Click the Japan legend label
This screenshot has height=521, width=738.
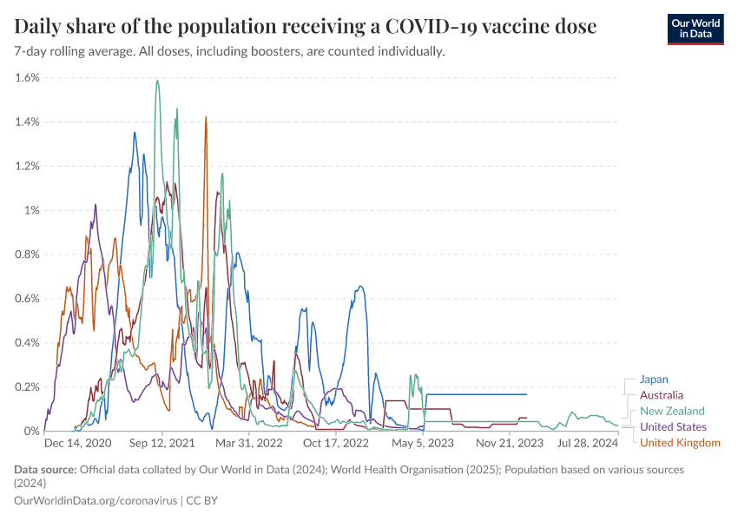tap(654, 379)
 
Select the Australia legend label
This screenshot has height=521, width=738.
tap(662, 395)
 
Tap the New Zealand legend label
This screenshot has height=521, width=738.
tap(672, 411)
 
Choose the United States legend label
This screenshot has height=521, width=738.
tap(673, 427)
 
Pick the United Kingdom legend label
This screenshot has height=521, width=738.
tap(680, 443)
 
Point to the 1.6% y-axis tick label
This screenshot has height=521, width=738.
tap(28, 77)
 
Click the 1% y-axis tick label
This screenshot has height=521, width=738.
tap(32, 210)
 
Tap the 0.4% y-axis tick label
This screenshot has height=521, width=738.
tap(28, 342)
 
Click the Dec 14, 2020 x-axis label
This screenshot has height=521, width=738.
tap(77, 443)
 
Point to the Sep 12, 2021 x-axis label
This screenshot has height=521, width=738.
tap(162, 443)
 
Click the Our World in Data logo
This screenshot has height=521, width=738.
tap(695, 28)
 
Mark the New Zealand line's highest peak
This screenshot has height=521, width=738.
tap(157, 81)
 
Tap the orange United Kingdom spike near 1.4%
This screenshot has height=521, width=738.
tap(206, 117)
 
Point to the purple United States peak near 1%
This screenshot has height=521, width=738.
tap(95, 205)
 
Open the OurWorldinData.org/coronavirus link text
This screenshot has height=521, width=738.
tap(95, 501)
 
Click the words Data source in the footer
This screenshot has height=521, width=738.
tap(44, 470)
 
